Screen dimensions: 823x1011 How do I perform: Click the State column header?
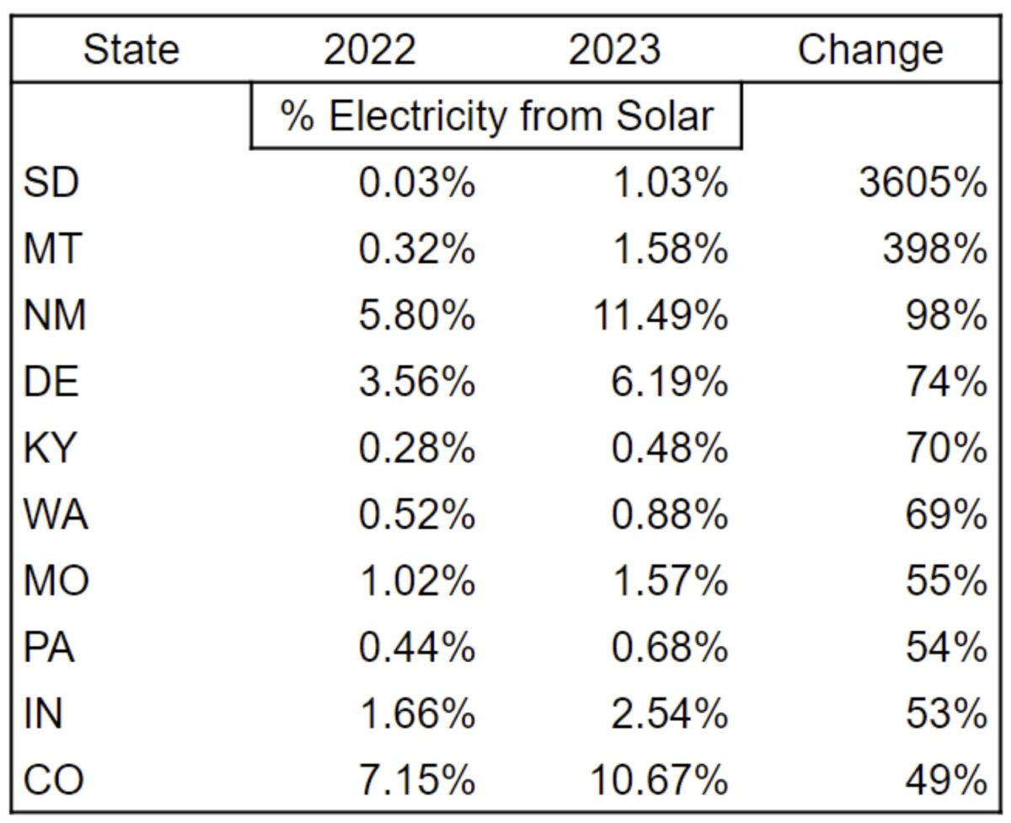click(131, 51)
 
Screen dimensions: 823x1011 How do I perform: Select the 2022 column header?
click(370, 51)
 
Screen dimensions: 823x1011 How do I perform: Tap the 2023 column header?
click(614, 51)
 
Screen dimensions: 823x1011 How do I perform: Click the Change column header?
click(870, 51)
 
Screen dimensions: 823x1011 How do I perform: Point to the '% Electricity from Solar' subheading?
click(496, 116)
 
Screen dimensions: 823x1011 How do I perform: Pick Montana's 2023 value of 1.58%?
click(669, 249)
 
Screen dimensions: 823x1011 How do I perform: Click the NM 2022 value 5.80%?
click(417, 316)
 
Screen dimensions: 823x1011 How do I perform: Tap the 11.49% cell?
click(660, 316)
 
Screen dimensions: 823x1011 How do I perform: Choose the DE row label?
click(51, 382)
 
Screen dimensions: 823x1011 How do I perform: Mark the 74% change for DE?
click(945, 382)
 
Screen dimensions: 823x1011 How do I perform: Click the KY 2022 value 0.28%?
click(417, 449)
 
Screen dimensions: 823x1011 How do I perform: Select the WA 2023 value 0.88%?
click(669, 516)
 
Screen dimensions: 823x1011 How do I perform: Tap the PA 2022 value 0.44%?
click(417, 648)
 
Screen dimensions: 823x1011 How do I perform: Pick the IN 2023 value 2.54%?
click(669, 714)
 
